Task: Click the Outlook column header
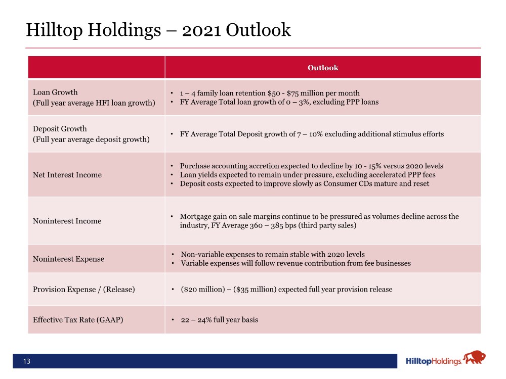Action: [323, 68]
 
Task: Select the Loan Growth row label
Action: [55, 92]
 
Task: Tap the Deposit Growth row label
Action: [60, 129]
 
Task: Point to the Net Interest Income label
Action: [67, 175]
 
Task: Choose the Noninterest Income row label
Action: [67, 221]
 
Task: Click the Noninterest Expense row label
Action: [68, 259]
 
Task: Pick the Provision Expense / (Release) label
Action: [84, 290]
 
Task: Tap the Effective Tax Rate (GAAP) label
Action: [78, 320]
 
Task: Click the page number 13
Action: [27, 361]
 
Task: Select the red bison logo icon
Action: [475, 358]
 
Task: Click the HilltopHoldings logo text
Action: [434, 361]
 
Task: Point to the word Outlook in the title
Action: [258, 30]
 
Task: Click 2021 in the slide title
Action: [202, 30]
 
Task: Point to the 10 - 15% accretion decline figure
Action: [368, 166]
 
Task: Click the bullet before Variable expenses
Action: [173, 263]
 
